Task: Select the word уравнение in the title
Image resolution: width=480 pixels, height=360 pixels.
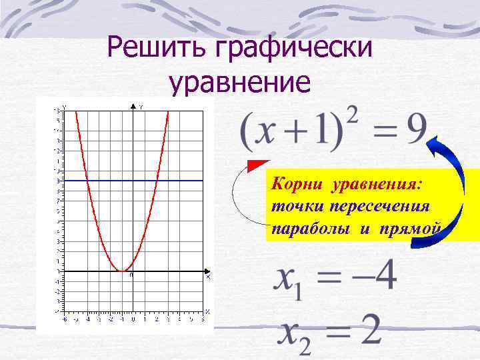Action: point(239,83)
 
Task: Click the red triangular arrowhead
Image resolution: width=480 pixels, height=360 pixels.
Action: point(257,166)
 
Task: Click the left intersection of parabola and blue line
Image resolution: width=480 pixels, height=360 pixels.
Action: point(88,181)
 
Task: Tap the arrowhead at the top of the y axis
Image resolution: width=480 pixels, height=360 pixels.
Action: point(133,107)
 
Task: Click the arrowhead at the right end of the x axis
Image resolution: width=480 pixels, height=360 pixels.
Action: point(207,271)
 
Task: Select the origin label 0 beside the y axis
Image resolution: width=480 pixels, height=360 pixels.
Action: point(131,275)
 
